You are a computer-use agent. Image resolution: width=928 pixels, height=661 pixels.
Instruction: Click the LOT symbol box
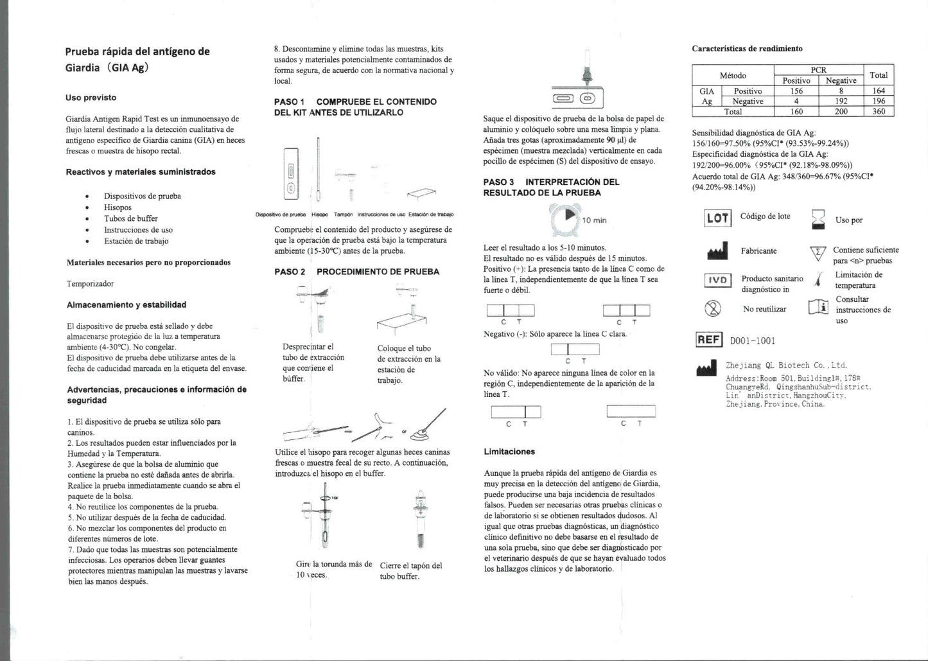click(717, 218)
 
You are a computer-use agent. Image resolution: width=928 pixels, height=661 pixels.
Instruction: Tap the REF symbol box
click(709, 340)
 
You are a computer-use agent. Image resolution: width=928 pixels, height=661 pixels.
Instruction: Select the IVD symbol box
click(717, 280)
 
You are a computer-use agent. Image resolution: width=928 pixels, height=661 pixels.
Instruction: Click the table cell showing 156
click(796, 91)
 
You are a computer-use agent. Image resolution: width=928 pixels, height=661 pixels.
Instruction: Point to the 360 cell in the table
click(879, 111)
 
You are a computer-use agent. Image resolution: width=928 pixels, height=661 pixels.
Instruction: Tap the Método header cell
click(733, 75)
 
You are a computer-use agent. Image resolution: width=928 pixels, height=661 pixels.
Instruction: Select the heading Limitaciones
click(509, 452)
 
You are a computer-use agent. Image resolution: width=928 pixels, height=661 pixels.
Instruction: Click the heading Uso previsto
click(91, 98)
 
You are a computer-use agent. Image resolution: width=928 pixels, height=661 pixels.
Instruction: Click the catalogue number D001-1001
click(752, 340)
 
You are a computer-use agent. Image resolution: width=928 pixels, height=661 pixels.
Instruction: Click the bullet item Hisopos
click(118, 207)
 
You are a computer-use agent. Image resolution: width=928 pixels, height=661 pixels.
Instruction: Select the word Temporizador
click(90, 283)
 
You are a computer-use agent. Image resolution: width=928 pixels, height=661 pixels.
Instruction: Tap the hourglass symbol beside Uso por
click(818, 219)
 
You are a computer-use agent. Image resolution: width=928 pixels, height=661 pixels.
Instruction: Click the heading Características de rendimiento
click(747, 48)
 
